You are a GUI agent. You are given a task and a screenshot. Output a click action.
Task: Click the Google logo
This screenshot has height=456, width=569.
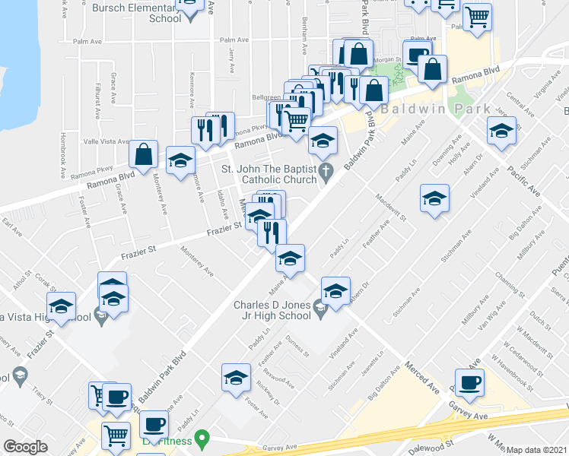point(26,447)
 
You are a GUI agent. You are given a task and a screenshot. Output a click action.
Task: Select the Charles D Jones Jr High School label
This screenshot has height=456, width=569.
point(273,311)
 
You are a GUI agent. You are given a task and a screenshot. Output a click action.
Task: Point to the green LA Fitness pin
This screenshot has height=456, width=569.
point(202,438)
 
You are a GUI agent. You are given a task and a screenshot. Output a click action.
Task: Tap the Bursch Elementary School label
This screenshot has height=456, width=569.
point(136,13)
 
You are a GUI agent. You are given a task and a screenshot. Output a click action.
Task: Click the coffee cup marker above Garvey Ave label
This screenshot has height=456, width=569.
point(469,384)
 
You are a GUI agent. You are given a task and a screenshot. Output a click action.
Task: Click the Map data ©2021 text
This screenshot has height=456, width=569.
point(537,450)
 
